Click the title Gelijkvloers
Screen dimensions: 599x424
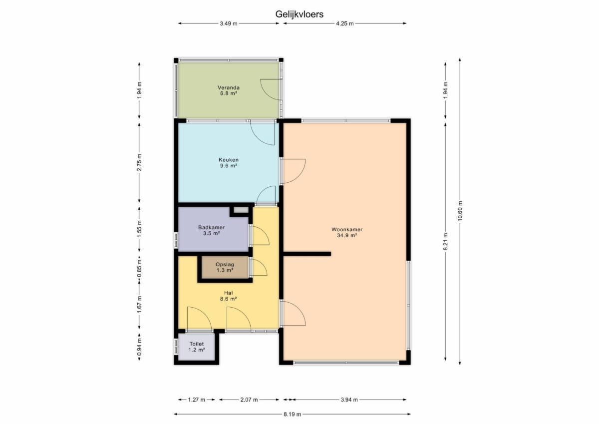[299, 14]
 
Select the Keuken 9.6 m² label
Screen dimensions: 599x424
[229, 163]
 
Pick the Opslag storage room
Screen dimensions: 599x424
[225, 267]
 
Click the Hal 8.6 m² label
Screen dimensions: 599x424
[229, 296]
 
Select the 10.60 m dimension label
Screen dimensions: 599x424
[460, 211]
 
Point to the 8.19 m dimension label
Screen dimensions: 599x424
[293, 415]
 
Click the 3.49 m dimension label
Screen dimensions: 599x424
[229, 23]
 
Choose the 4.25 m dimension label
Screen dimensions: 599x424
[345, 23]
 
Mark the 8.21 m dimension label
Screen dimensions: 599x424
[445, 242]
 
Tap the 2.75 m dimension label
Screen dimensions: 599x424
[139, 163]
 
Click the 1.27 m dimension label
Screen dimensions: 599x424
[197, 400]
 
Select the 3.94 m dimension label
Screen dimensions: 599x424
[349, 400]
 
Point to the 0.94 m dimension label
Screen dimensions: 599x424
[139, 347]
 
